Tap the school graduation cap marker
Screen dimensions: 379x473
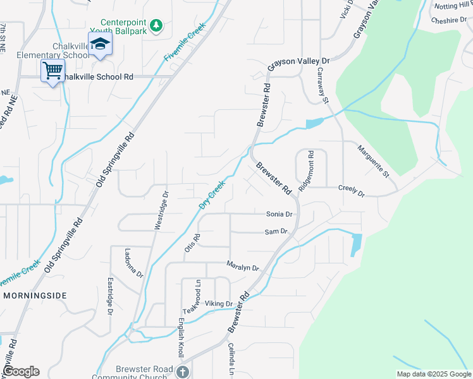pos(99,44)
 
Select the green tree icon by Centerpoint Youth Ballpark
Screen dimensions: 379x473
pos(157,25)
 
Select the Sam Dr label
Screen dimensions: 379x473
pos(276,232)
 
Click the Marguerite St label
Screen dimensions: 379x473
pos(373,160)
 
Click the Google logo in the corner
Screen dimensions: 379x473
pos(20,371)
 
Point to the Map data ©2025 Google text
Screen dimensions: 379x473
pos(433,374)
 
